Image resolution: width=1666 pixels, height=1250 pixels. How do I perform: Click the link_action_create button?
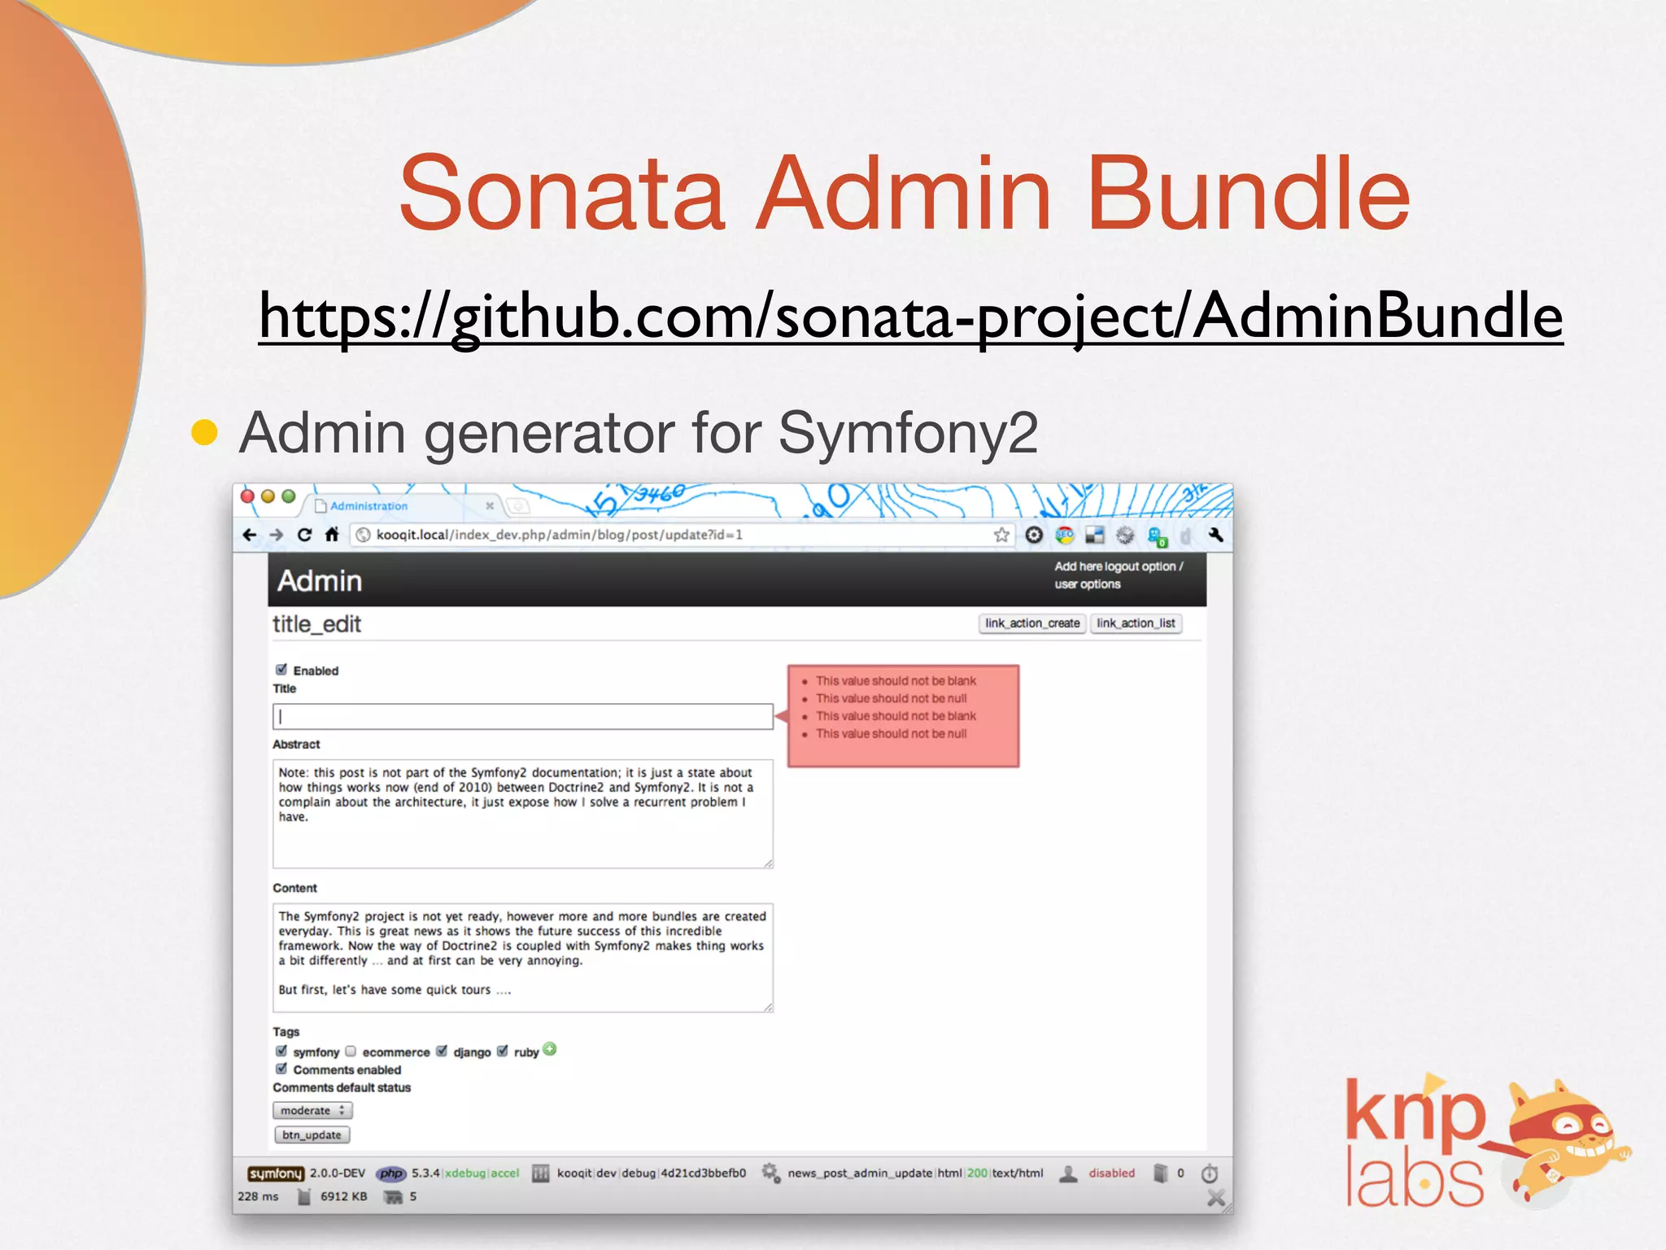click(1031, 623)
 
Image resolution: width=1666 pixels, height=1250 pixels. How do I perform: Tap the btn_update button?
click(312, 1134)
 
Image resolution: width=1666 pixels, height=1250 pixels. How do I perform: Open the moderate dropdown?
click(312, 1110)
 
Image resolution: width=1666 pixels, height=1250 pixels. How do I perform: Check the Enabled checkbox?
click(281, 670)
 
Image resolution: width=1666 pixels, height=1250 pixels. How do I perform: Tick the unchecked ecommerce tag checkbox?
click(351, 1051)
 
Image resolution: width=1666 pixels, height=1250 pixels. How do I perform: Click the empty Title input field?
click(522, 716)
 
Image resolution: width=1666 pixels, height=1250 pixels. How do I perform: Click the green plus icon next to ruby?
click(550, 1049)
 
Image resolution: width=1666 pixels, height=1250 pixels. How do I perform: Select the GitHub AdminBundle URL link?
click(910, 316)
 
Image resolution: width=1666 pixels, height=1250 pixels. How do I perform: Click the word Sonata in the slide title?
click(561, 194)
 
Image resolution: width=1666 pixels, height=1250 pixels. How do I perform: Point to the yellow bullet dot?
click(204, 433)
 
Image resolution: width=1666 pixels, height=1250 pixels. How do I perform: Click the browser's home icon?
click(331, 535)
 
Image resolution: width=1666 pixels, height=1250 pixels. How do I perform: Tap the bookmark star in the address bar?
click(1001, 535)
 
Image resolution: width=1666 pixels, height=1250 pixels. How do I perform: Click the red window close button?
click(248, 496)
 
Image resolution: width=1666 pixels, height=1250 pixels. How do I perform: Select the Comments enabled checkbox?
click(281, 1069)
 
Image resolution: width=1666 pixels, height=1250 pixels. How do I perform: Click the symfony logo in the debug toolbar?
click(275, 1174)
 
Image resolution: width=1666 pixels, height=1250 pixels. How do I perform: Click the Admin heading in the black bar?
click(320, 581)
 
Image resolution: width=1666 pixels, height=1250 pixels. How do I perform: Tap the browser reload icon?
click(304, 535)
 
